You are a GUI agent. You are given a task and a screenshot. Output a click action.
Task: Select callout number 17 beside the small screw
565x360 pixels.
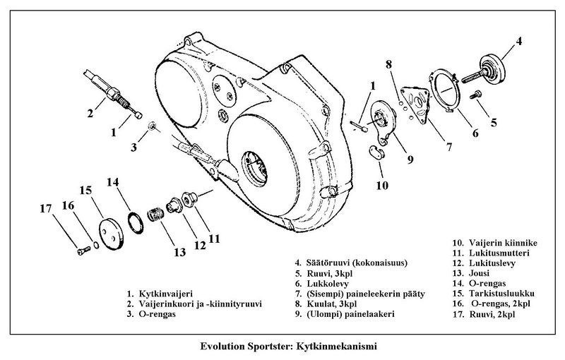coord(47,208)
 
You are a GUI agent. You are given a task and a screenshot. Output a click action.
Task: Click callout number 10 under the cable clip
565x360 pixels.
coord(381,186)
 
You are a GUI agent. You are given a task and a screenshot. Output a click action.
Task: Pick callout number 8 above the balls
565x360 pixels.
coord(388,66)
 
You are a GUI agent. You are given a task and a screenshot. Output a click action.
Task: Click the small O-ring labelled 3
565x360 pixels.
coord(153,126)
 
